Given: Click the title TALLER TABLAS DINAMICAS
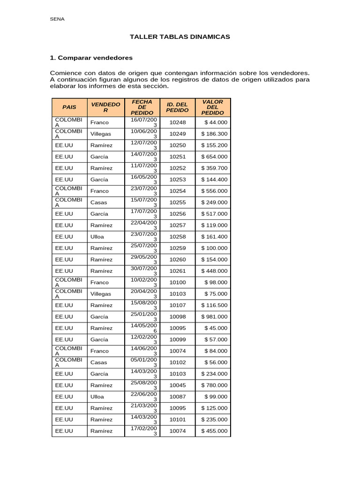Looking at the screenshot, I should point(180,37).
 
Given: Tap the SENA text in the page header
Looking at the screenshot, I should point(57,19).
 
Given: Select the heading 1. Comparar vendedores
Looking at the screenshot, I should point(91,58).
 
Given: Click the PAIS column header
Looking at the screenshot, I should point(69,107).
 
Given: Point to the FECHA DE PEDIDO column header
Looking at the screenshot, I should point(142,107).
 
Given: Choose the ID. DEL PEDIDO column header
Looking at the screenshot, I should point(177,107).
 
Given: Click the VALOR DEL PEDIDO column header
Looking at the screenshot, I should point(212,107).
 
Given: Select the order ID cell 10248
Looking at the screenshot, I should point(177,122).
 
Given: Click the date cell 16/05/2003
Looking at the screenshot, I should point(142,180).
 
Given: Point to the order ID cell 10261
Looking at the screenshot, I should point(177,271).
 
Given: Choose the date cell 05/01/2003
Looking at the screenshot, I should point(142,362).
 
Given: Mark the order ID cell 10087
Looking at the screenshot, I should point(177,397).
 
